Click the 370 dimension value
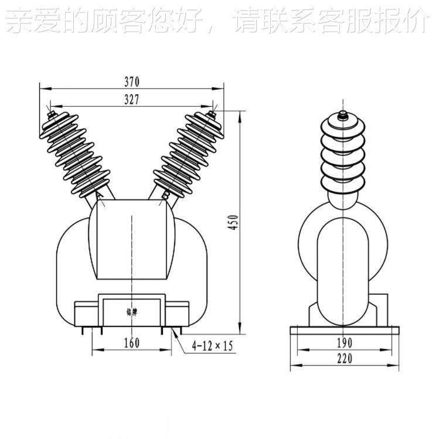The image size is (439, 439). click(132, 81)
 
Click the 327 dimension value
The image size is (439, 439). click(132, 100)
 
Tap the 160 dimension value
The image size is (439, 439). click(132, 343)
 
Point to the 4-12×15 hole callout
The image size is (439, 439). click(212, 346)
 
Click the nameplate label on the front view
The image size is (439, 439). click(132, 311)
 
